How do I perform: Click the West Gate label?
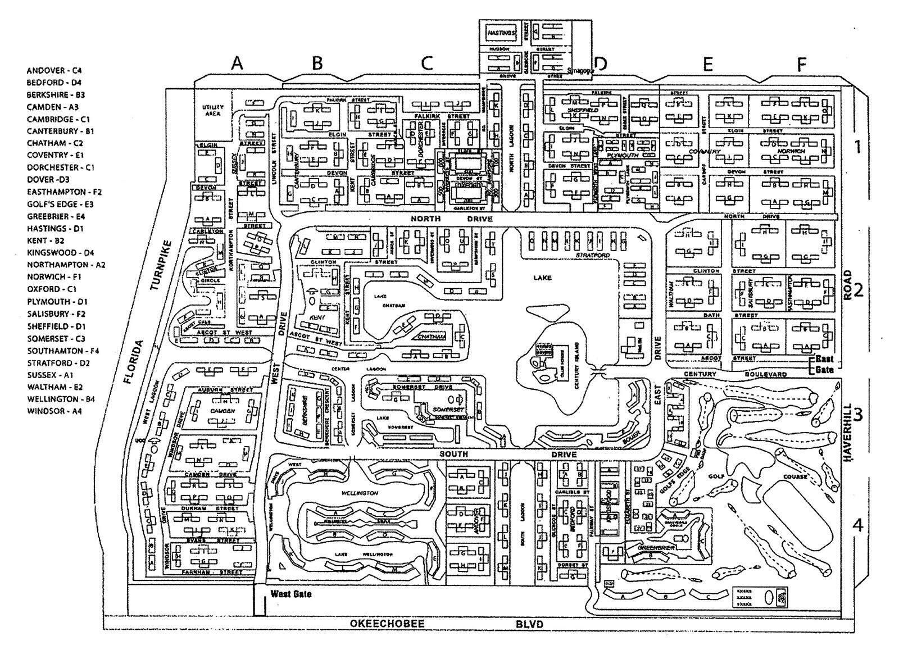coord(290,594)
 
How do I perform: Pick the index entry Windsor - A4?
coord(54,411)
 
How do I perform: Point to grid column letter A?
coord(238,63)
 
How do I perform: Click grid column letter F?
coord(801,65)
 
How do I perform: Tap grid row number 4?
coord(857,525)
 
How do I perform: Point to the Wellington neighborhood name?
coord(360,493)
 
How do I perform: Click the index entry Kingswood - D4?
coord(58,253)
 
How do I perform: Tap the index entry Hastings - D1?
coord(55,229)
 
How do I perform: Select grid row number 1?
coord(857,147)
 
